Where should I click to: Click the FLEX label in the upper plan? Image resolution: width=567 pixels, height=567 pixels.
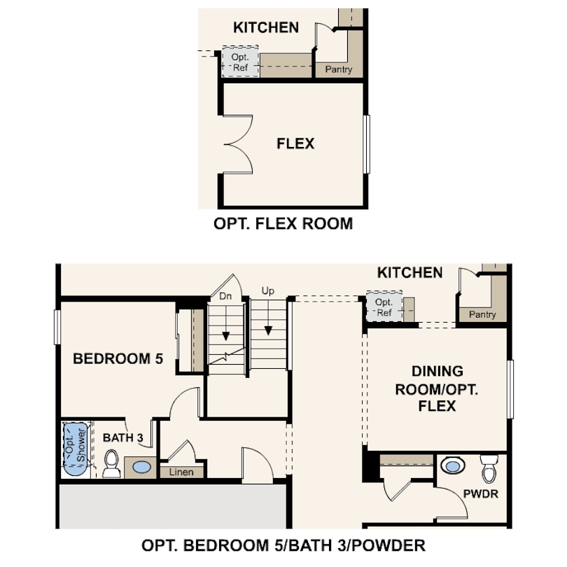[x=295, y=143]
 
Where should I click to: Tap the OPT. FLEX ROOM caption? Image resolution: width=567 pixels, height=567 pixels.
[x=283, y=223]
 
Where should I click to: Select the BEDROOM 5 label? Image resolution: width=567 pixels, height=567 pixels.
[x=118, y=358]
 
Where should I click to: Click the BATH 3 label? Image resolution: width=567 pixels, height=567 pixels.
[x=123, y=437]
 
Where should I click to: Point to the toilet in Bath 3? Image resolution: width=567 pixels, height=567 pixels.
[x=112, y=464]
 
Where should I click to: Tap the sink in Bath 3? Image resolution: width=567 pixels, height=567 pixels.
[x=141, y=467]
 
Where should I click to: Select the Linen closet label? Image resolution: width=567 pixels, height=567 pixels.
[x=181, y=472]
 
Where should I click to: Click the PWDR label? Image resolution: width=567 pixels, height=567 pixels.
[x=481, y=493]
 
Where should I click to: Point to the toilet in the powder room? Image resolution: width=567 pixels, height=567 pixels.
[x=489, y=468]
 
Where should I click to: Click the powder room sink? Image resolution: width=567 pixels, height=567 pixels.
[x=453, y=465]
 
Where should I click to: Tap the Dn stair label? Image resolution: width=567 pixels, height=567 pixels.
[x=225, y=296]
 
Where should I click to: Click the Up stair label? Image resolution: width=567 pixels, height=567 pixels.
[x=268, y=290]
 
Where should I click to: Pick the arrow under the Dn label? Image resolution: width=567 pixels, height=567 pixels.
[x=226, y=322]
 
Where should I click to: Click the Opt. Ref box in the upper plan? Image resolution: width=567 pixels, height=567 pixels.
[x=240, y=62]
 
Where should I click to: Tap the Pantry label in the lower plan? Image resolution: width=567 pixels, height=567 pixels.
[x=482, y=314]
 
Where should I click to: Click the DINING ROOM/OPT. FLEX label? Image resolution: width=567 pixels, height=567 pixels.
[x=437, y=388]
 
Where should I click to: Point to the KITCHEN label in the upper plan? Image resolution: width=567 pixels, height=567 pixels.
[x=266, y=27]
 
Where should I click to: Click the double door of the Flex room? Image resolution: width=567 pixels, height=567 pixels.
[x=237, y=144]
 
